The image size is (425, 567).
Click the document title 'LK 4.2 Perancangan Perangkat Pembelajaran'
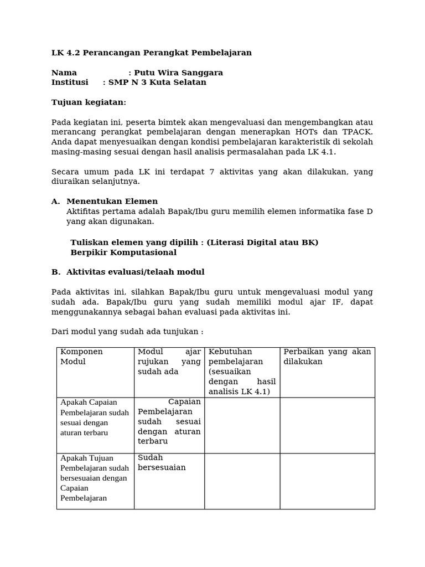point(151,53)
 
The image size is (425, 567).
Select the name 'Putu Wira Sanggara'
point(178,73)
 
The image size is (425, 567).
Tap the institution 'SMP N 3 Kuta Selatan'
point(157,83)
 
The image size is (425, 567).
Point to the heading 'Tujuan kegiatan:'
point(89,102)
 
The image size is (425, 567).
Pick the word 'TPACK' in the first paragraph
point(357,132)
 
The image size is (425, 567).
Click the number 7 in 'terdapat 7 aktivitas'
point(211,172)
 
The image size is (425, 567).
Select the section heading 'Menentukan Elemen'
point(112,202)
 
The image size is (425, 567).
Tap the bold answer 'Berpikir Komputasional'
point(123,252)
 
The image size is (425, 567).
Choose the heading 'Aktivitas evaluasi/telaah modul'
point(135,272)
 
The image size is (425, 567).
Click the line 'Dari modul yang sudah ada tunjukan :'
point(127,332)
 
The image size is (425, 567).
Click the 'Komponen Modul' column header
point(81,357)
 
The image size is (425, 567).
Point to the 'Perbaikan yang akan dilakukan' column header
point(326,357)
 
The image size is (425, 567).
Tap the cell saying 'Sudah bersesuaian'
point(162,463)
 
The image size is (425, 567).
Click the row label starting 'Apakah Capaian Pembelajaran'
point(95,417)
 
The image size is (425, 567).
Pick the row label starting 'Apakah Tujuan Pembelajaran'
point(95,478)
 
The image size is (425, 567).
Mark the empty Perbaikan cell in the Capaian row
point(327,425)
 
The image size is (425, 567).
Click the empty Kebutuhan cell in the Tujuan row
point(242,481)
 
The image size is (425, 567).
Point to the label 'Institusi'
point(70,83)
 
